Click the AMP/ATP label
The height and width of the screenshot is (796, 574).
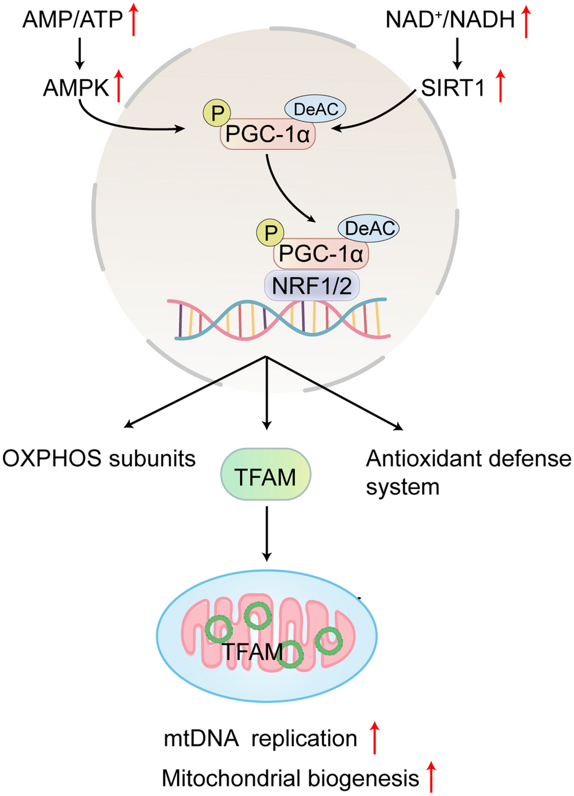[72, 20]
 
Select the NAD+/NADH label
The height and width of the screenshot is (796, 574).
[450, 20]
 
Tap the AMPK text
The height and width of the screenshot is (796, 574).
[76, 88]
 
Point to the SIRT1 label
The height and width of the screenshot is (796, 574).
[453, 88]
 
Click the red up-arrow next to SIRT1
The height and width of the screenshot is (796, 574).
[500, 85]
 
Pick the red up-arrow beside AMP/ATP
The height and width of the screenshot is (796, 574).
[134, 19]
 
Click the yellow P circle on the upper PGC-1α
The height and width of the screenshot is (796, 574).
[217, 112]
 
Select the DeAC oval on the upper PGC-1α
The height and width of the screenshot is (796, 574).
[316, 109]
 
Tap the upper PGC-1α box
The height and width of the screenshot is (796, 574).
[267, 134]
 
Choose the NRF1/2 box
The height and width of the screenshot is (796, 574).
[311, 286]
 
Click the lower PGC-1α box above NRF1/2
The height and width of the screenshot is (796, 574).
[320, 254]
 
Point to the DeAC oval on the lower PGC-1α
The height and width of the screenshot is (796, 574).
[368, 228]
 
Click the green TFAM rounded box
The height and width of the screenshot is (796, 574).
[266, 475]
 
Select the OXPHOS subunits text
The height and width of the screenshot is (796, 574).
[99, 458]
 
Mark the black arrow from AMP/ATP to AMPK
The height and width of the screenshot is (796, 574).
[80, 54]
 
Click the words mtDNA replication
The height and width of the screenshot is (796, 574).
[260, 738]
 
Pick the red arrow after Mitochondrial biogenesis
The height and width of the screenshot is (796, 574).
[432, 776]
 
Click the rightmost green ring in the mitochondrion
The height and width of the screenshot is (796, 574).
[329, 641]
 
